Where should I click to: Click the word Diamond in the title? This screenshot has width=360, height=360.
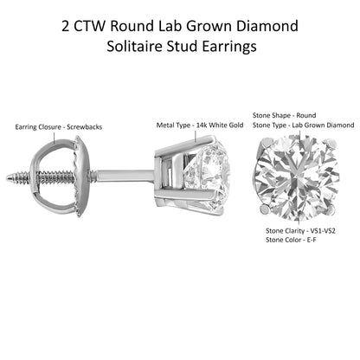pyautogui.click(x=267, y=26)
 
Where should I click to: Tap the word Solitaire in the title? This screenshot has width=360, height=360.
pyautogui.click(x=133, y=46)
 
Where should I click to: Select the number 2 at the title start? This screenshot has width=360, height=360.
pyautogui.click(x=66, y=26)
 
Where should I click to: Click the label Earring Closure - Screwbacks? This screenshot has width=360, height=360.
pyautogui.click(x=59, y=127)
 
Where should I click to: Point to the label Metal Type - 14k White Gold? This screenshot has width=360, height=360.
pyautogui.click(x=200, y=125)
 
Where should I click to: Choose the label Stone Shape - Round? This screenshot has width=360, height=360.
pyautogui.click(x=284, y=115)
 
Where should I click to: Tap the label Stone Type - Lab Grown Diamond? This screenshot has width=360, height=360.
pyautogui.click(x=304, y=125)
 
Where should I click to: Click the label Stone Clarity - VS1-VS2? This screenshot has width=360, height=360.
pyautogui.click(x=300, y=231)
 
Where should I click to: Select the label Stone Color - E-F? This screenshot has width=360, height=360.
pyautogui.click(x=291, y=240)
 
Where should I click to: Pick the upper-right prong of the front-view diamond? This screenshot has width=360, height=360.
pyautogui.click(x=331, y=144)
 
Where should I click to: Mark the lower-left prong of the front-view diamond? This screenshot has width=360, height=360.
pyautogui.click(x=265, y=209)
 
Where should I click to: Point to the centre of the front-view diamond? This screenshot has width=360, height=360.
pyautogui.click(x=297, y=177)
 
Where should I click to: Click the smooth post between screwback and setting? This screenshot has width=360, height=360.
pyautogui.click(x=125, y=175)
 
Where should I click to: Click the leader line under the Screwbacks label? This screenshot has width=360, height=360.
pyautogui.click(x=55, y=137)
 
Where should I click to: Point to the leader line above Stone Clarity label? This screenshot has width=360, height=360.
pyautogui.click(x=300, y=221)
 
